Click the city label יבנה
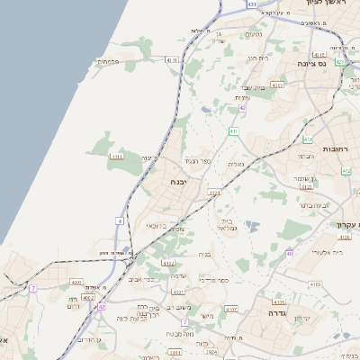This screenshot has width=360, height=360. coord(179,181)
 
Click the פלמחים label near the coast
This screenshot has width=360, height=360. coord(105,61)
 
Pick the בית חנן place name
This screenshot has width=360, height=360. coord(258,58)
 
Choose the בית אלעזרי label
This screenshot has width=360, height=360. coord(327,253)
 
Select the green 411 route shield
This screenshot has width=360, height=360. coord(233,131)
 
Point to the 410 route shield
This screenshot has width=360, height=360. coord(308,139)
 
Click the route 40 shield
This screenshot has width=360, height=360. coord(289,254)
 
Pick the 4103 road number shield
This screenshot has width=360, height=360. coord(314,284)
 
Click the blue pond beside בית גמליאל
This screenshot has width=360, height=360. coord(249,226)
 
